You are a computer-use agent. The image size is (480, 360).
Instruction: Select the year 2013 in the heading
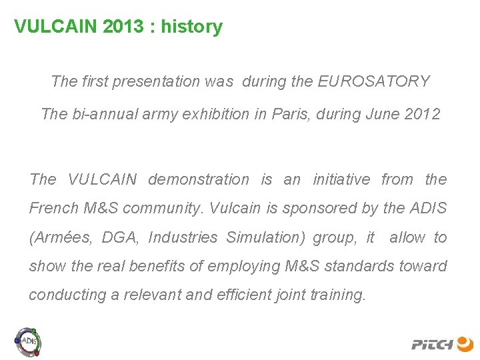[x=127, y=27]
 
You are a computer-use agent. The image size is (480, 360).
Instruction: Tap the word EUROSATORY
[x=374, y=82]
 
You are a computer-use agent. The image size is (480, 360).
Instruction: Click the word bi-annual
[x=103, y=114]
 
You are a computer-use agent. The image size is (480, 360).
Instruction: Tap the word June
[x=382, y=114]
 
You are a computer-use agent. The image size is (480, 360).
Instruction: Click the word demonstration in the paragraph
[x=198, y=179]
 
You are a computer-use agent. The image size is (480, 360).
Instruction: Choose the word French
[x=54, y=209]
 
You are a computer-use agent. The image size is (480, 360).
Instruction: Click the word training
[x=339, y=295]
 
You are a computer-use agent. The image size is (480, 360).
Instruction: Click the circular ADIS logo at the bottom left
[x=29, y=341]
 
